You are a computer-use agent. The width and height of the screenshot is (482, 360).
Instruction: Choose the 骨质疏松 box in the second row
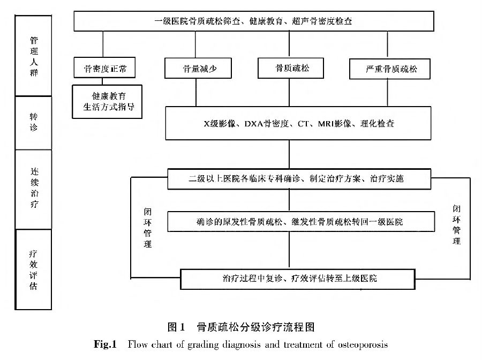pos(292,68)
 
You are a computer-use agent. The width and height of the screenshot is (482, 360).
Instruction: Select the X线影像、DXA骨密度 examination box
pos(291,124)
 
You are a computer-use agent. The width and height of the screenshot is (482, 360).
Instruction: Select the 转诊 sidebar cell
pos(34,123)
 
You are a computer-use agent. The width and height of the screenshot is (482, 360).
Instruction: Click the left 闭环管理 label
pos(147,228)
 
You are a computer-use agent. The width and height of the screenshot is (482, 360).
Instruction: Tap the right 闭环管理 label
pos(456,225)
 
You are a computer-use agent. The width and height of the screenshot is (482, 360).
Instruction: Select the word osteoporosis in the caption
pos(361,344)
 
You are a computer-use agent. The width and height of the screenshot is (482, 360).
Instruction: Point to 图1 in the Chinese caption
pos(176,326)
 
